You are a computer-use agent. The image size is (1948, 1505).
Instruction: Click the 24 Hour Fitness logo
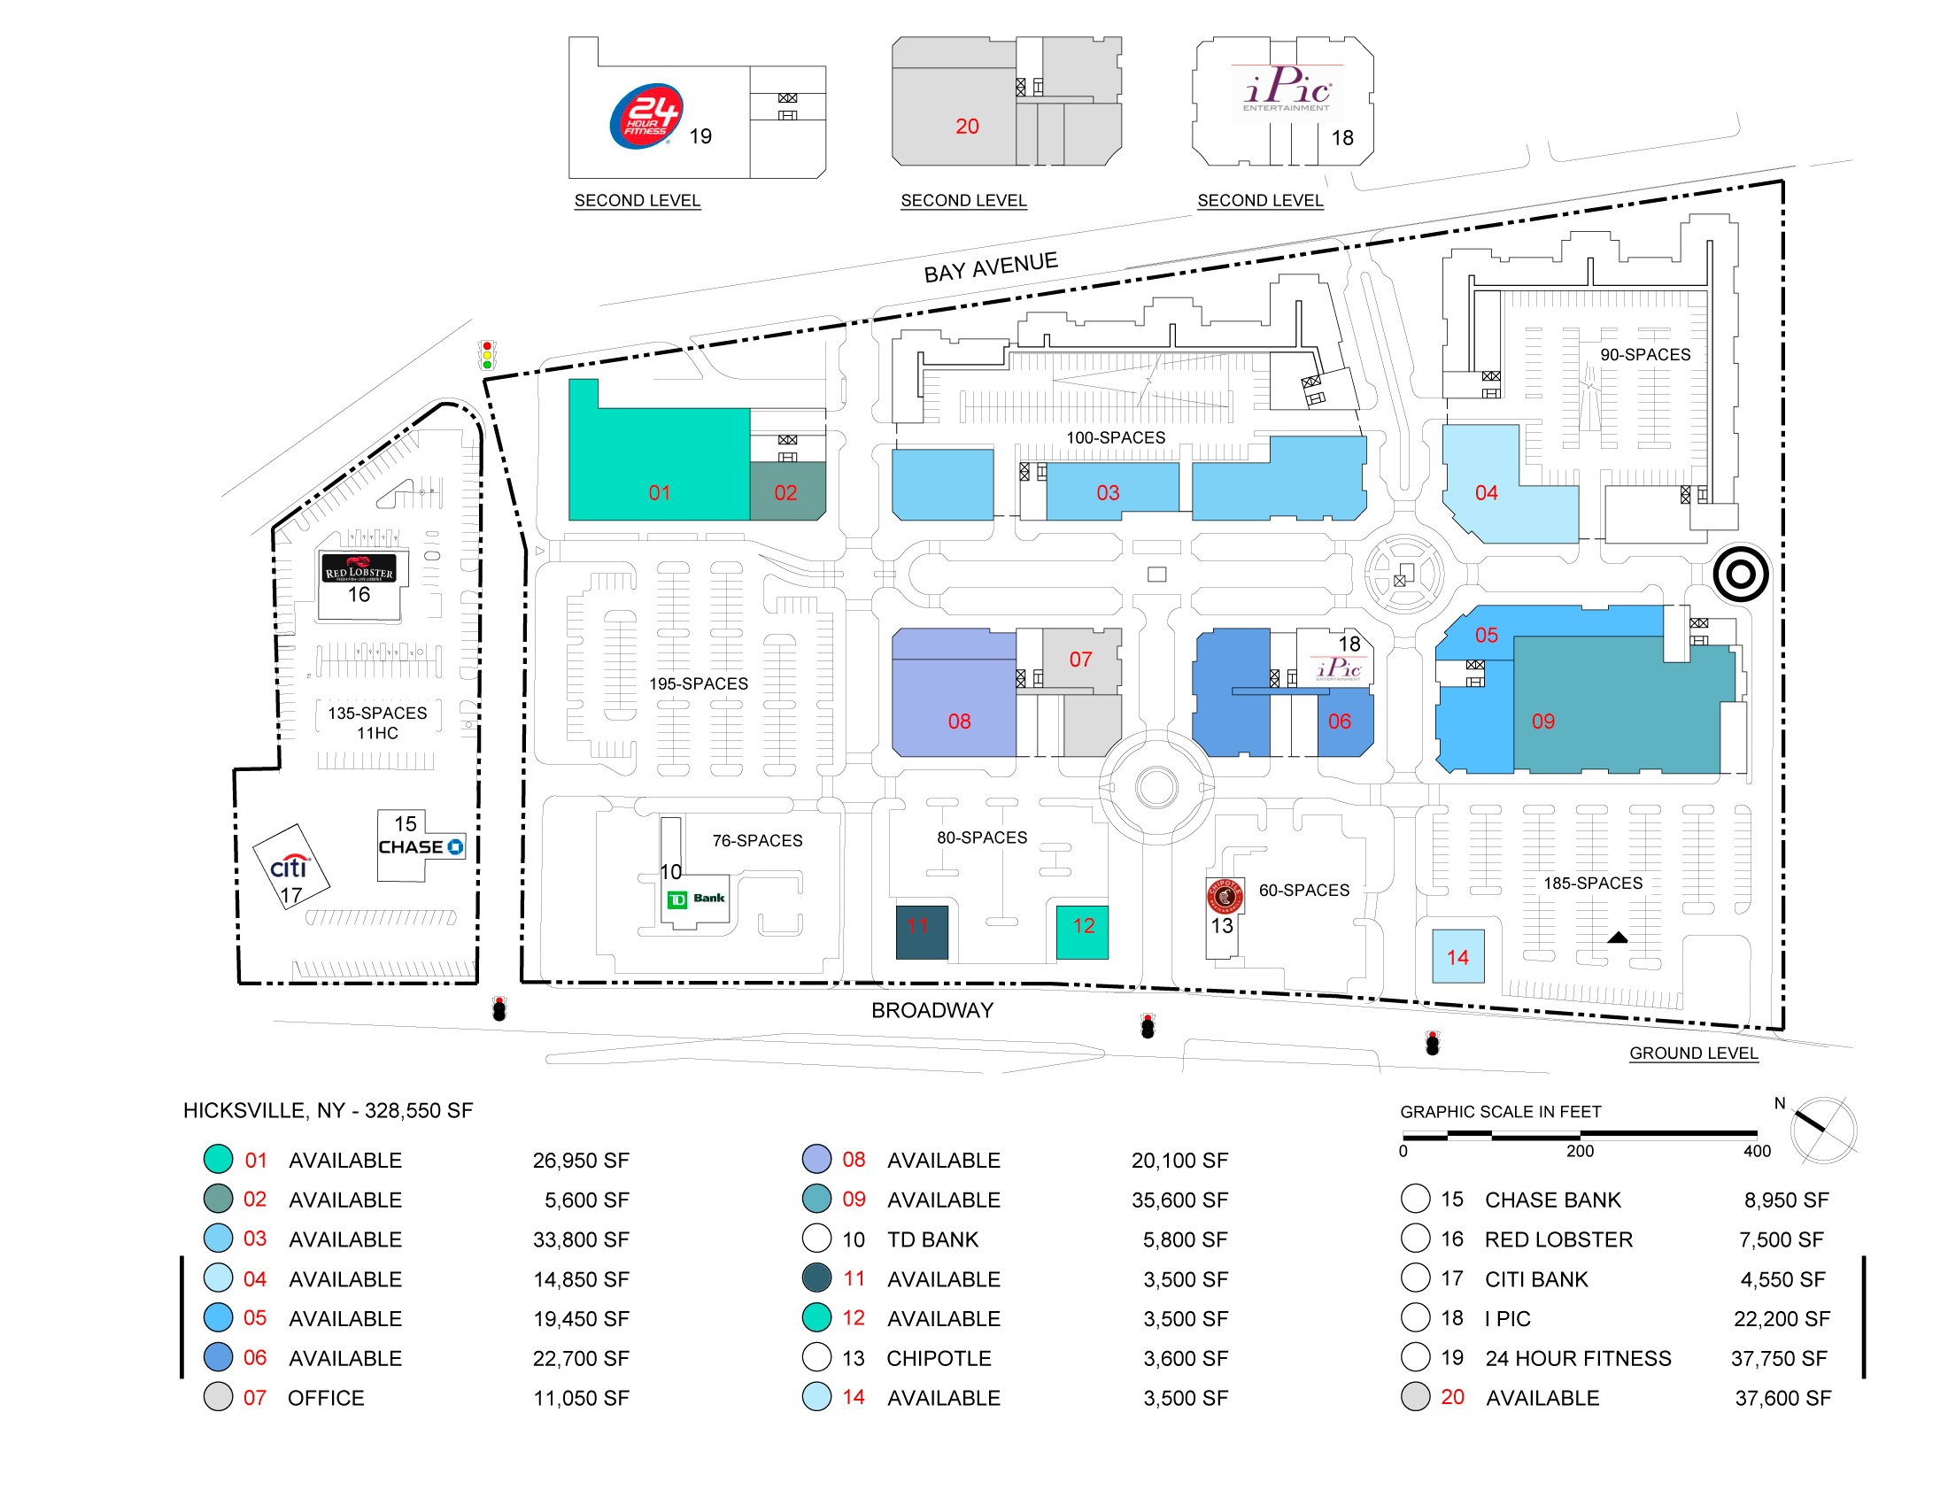tap(645, 116)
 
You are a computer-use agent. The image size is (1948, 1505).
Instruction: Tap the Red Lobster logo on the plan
tap(359, 568)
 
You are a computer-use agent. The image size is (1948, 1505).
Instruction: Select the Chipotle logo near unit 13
tap(1225, 896)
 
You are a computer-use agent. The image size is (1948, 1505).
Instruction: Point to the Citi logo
tap(289, 866)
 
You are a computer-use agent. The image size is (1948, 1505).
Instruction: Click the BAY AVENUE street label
tap(990, 266)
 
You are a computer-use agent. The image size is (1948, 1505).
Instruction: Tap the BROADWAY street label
tap(932, 1010)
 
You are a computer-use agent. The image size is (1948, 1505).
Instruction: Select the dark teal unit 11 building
tap(922, 931)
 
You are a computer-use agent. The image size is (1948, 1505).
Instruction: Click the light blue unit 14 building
tap(1457, 956)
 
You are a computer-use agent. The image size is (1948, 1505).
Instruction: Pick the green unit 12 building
tap(1082, 931)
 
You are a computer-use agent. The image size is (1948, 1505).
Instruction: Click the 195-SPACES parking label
tap(699, 683)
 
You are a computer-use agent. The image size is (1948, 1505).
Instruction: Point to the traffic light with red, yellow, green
tap(487, 355)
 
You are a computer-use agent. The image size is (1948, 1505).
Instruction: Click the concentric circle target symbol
tap(1740, 575)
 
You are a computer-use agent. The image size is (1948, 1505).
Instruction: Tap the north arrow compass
tap(1822, 1130)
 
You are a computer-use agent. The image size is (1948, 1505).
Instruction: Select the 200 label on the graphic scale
tap(1580, 1151)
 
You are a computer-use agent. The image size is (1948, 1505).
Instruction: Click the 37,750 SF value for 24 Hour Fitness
tap(1780, 1358)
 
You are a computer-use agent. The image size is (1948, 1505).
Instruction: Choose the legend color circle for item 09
tap(816, 1200)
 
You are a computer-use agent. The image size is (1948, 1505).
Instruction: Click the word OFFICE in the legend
tap(326, 1398)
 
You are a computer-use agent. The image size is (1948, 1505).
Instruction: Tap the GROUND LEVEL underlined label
tap(1694, 1053)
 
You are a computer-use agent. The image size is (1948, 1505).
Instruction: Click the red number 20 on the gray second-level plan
tap(967, 127)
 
